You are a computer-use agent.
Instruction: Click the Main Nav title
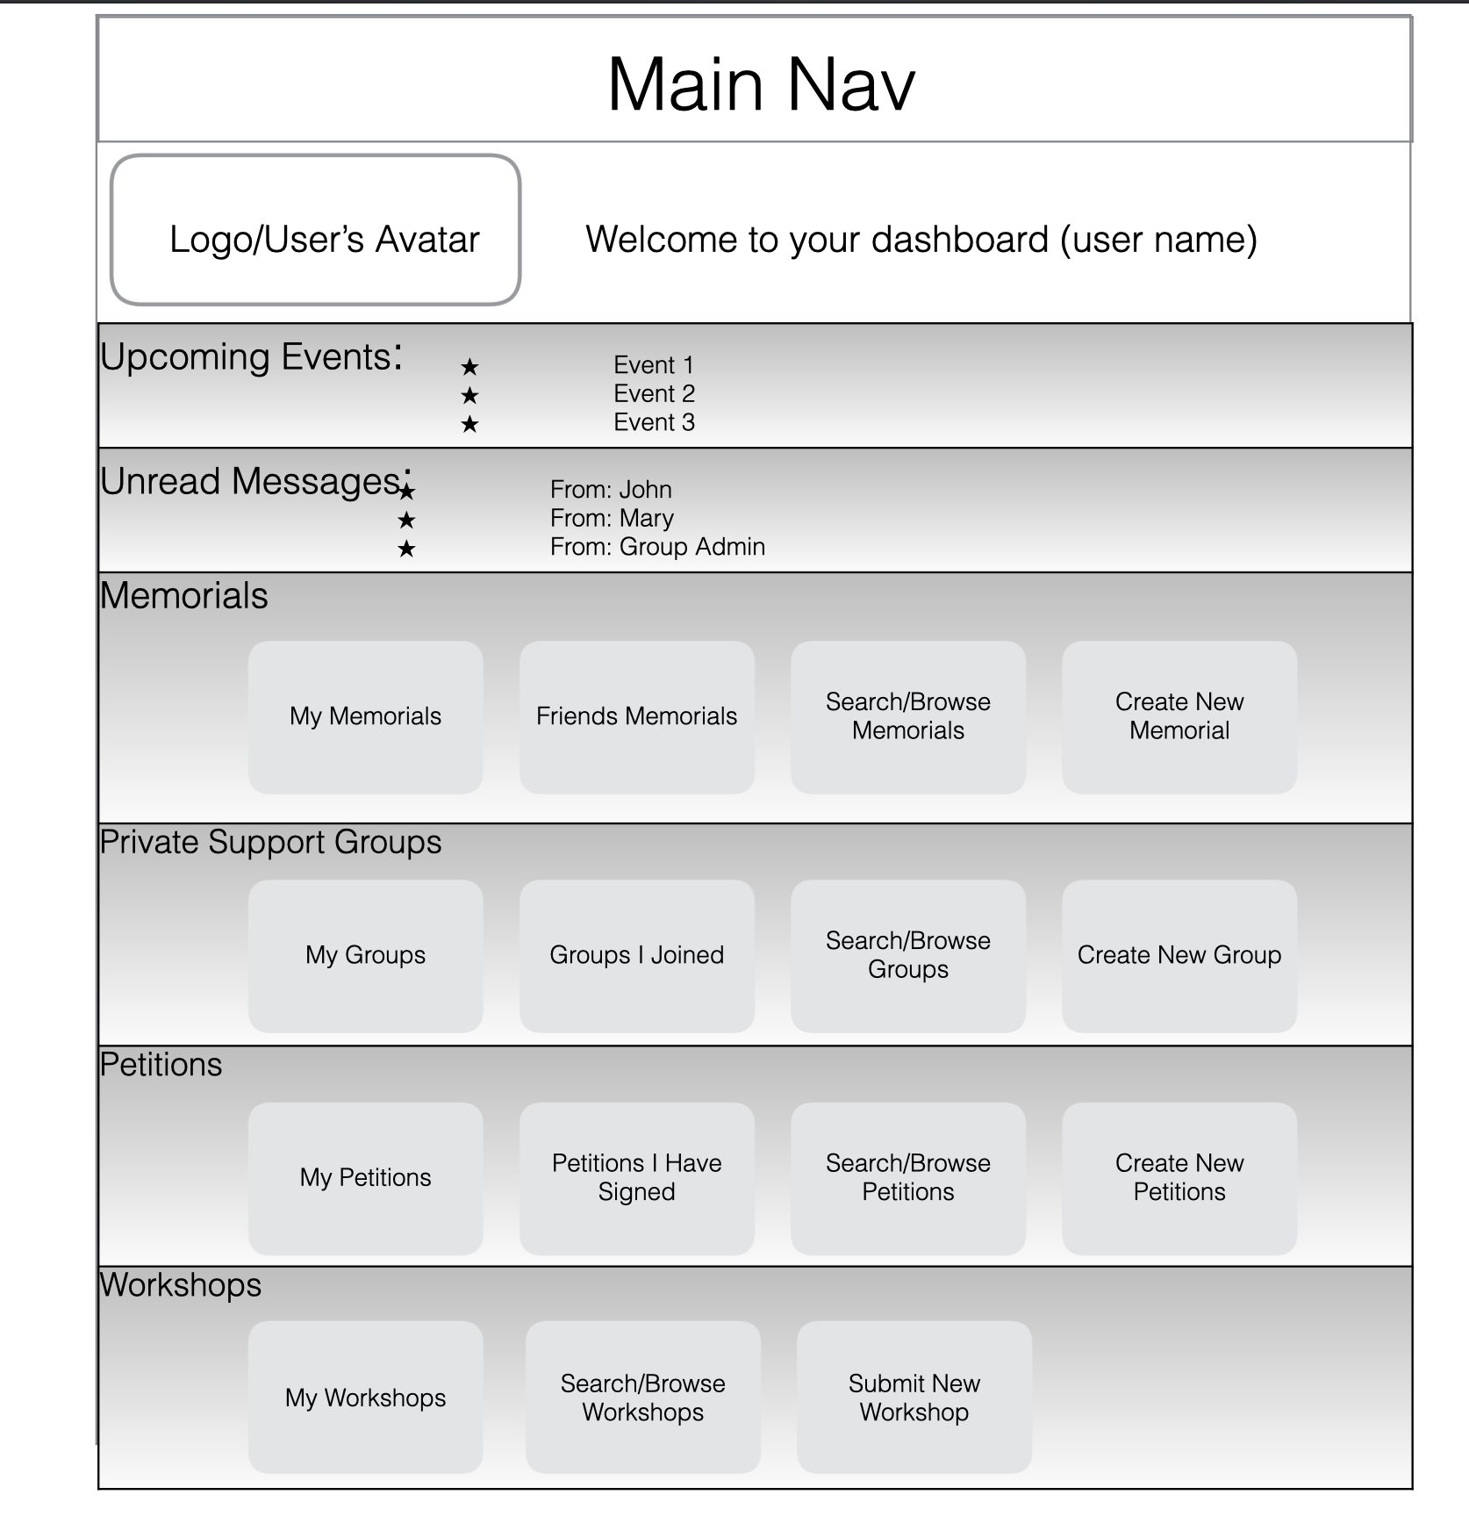click(761, 85)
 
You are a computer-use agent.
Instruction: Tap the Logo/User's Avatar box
click(316, 231)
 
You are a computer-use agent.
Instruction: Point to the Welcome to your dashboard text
click(921, 240)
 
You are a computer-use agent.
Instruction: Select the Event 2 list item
click(654, 394)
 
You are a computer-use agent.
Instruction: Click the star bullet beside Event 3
click(469, 425)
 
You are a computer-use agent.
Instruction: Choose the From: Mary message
click(612, 519)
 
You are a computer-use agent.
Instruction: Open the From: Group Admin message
click(657, 547)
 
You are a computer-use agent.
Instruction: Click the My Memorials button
click(365, 717)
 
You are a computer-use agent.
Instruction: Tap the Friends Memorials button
click(636, 717)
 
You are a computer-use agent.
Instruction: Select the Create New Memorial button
click(1179, 717)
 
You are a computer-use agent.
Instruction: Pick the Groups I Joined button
click(636, 956)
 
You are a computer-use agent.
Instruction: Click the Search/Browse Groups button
click(907, 956)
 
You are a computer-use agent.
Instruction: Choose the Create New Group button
click(1179, 956)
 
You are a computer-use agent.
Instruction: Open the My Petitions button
click(365, 1178)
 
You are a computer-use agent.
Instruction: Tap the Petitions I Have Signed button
click(636, 1178)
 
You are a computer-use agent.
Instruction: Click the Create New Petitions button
click(1179, 1178)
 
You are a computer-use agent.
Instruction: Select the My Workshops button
click(365, 1398)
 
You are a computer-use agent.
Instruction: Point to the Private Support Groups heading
click(270, 843)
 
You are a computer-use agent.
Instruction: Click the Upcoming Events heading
click(250, 358)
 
